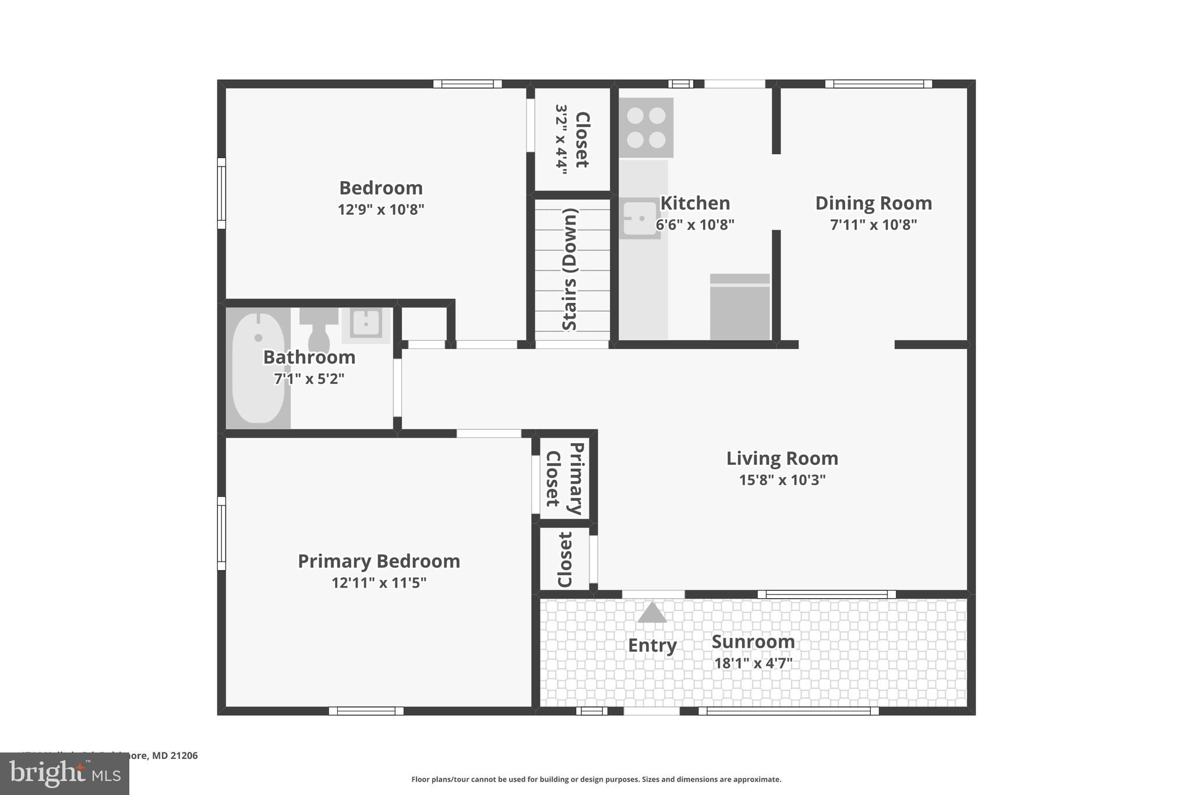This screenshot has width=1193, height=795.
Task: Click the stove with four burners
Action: pyautogui.click(x=646, y=128)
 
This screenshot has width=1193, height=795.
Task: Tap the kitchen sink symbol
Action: pyautogui.click(x=640, y=218)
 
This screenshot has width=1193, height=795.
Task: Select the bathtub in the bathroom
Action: pyautogui.click(x=258, y=368)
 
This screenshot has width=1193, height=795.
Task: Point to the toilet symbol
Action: pyautogui.click(x=319, y=329)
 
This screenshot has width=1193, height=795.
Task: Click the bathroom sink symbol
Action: pyautogui.click(x=366, y=323)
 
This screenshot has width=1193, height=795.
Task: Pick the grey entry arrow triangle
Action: pyautogui.click(x=652, y=613)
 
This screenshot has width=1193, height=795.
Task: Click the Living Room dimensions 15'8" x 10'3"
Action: pyautogui.click(x=782, y=480)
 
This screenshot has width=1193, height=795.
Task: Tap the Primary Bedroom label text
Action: pyautogui.click(x=379, y=561)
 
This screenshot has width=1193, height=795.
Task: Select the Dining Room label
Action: pyautogui.click(x=873, y=203)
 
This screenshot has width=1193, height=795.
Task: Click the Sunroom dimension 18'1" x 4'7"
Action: pyautogui.click(x=753, y=663)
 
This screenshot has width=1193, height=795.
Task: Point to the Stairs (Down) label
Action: pyautogui.click(x=570, y=269)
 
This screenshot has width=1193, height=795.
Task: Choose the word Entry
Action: pyautogui.click(x=652, y=645)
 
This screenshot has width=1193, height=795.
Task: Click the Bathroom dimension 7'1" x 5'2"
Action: pyautogui.click(x=309, y=379)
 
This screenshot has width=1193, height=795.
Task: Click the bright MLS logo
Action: pyautogui.click(x=64, y=773)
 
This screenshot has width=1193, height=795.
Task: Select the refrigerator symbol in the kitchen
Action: pyautogui.click(x=740, y=306)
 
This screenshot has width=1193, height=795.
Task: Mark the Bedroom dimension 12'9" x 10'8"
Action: pyautogui.click(x=381, y=209)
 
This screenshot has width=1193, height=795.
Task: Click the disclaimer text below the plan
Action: pyautogui.click(x=596, y=779)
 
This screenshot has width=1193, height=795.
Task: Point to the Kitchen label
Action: pyautogui.click(x=695, y=203)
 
